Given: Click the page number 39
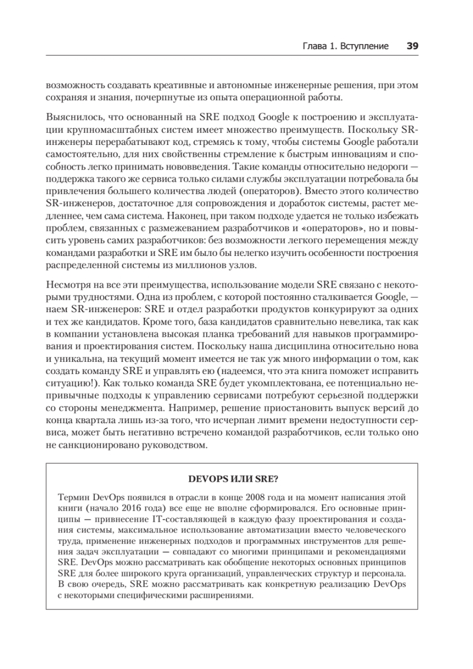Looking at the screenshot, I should click(412, 46).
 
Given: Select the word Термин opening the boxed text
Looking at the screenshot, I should click(74, 496).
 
